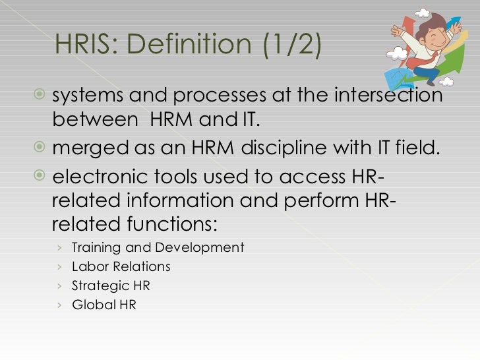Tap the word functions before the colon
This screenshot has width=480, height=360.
(167, 224)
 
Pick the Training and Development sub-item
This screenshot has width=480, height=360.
(157, 248)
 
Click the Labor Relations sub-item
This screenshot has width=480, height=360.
(121, 267)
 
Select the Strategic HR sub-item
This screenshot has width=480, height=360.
(110, 286)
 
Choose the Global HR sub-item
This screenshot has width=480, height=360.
(104, 305)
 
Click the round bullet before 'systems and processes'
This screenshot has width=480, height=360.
(41, 96)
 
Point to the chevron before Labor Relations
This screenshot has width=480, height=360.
(59, 267)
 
